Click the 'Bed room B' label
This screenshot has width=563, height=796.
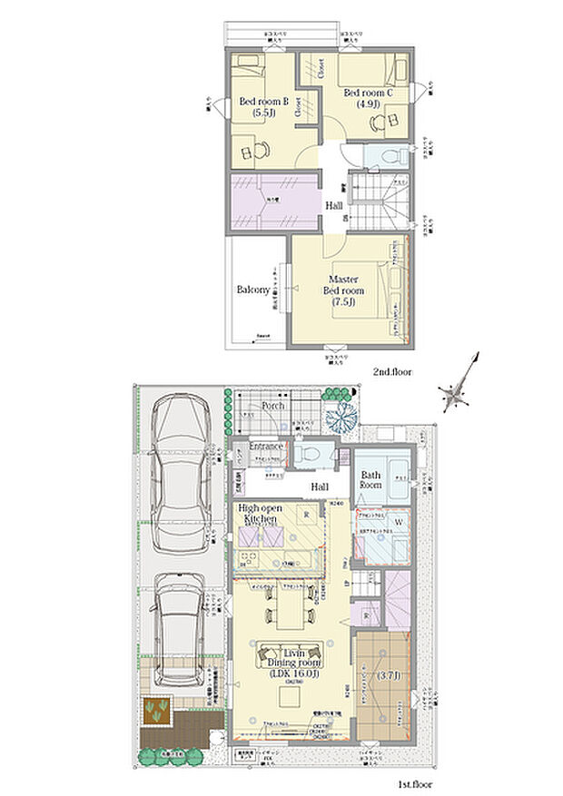point(263,103)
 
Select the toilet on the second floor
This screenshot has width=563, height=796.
point(384,154)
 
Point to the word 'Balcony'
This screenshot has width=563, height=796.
point(253,290)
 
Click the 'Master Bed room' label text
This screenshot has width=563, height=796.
point(343,285)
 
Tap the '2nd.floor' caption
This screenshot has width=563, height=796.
point(393,372)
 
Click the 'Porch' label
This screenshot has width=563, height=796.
point(273,406)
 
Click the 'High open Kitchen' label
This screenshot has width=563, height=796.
point(264,514)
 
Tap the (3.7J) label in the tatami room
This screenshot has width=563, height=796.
point(385,675)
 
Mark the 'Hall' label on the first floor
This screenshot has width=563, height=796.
point(319,487)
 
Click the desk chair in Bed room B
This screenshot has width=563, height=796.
point(260,151)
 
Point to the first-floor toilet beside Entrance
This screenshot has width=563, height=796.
point(307,451)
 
